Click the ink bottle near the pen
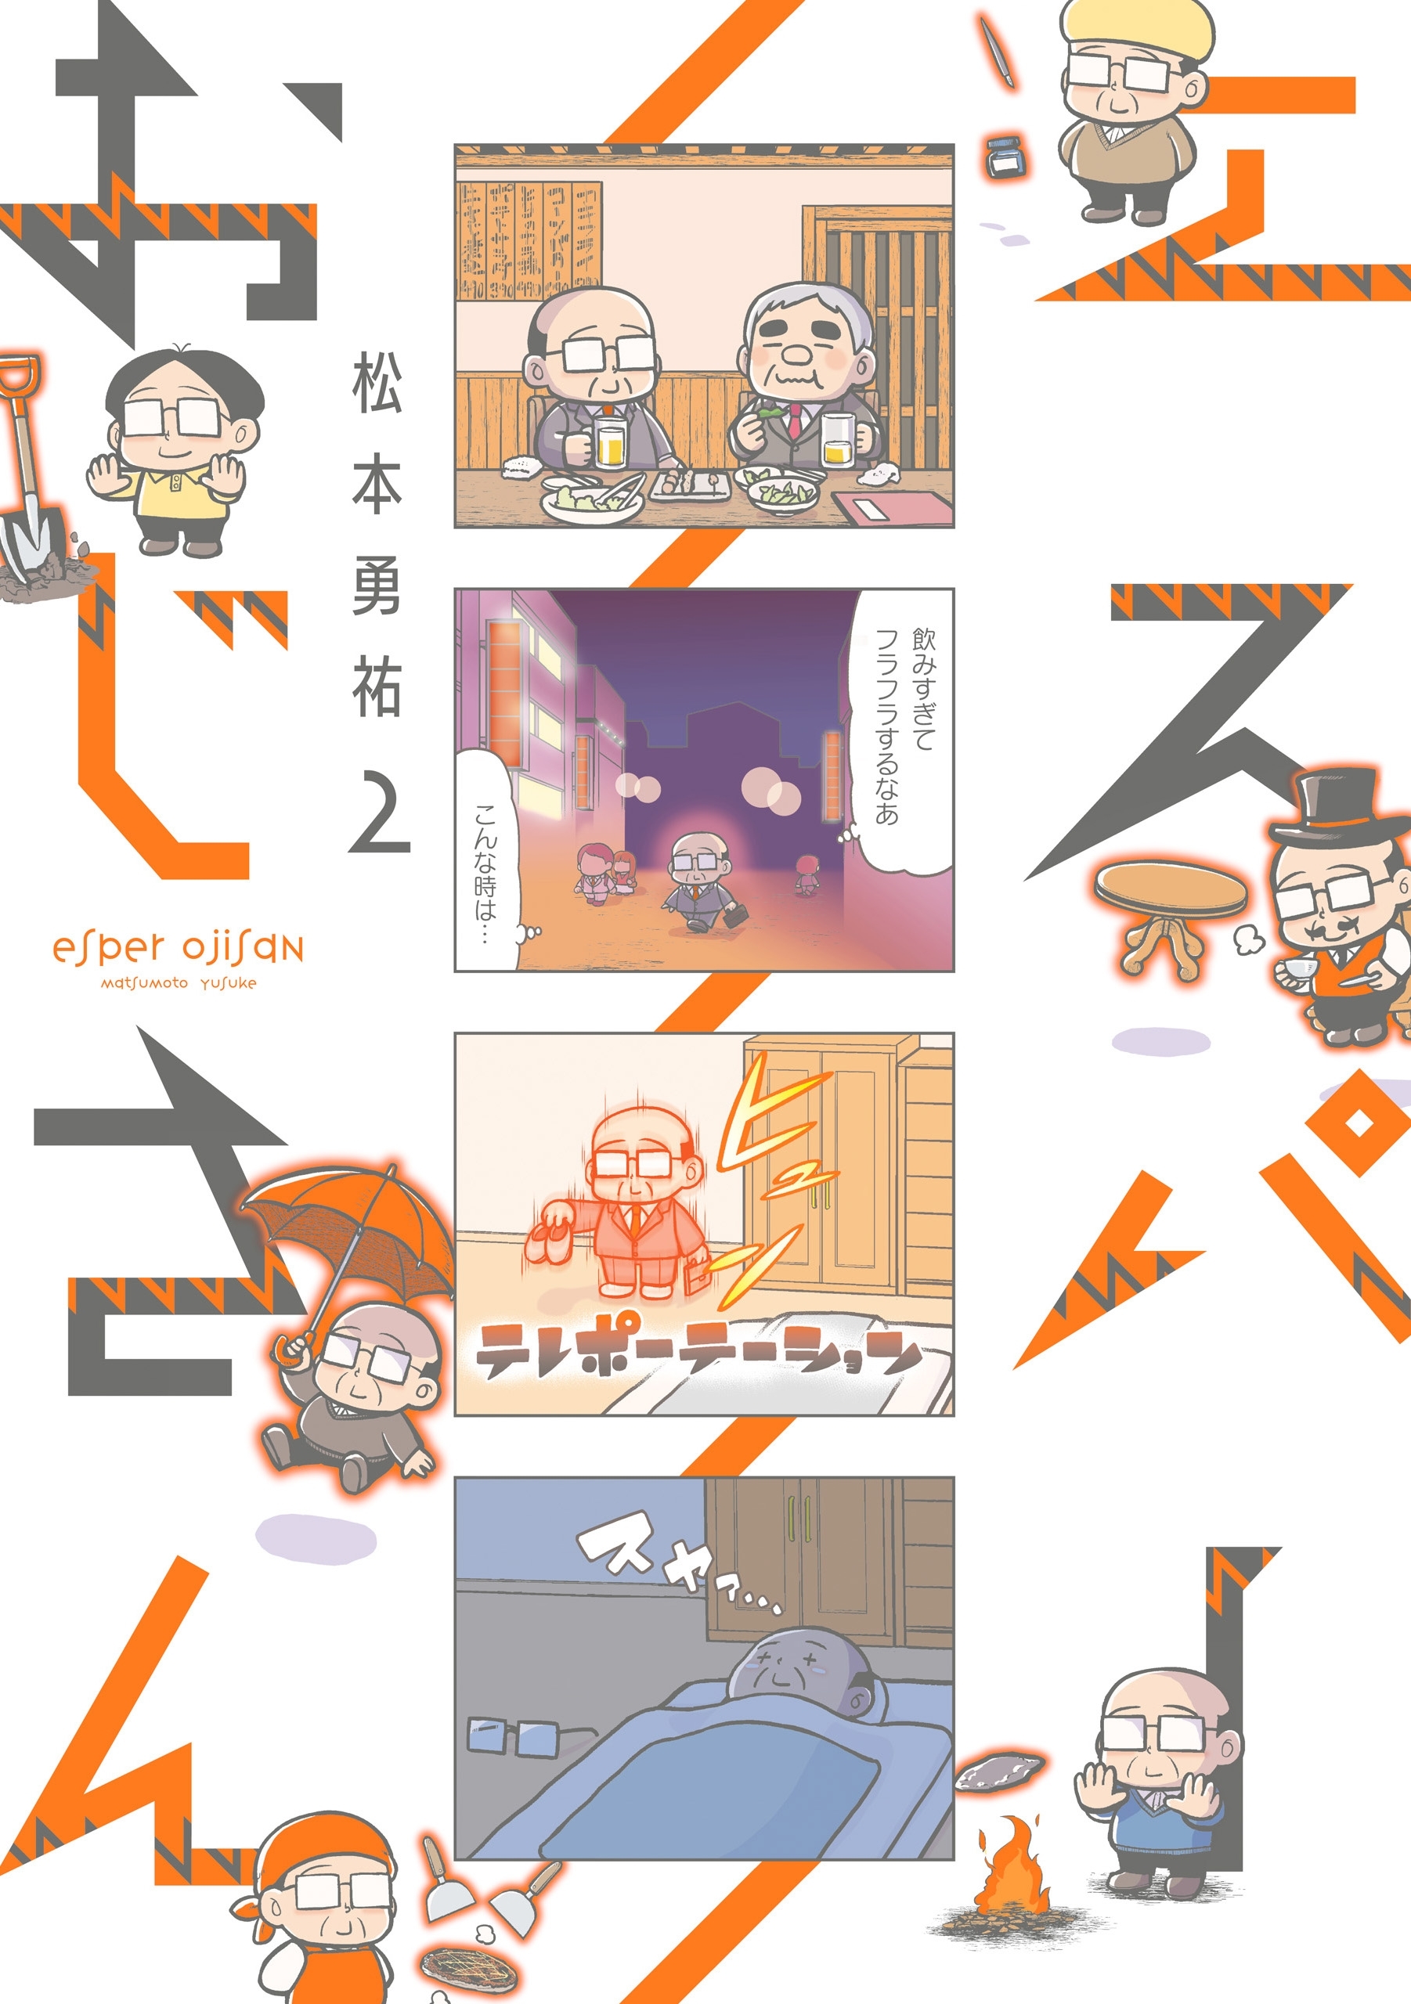pos(1004,157)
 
